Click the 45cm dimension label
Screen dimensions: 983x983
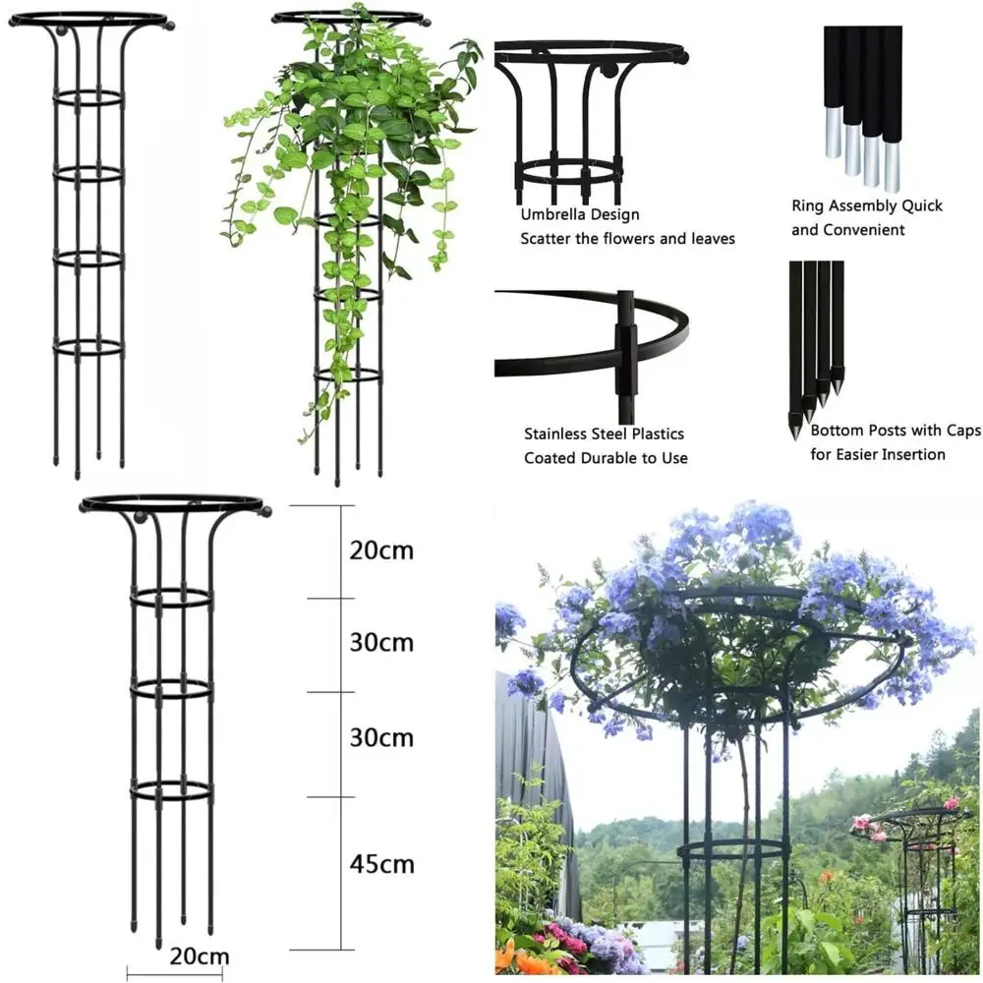point(381,864)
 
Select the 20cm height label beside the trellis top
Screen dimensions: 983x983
point(381,549)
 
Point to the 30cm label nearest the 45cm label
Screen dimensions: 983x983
point(381,737)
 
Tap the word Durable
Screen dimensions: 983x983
point(603,458)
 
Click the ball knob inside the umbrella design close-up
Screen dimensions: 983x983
point(607,71)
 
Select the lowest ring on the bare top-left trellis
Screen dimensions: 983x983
point(88,347)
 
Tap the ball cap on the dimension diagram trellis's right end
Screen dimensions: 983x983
point(264,511)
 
